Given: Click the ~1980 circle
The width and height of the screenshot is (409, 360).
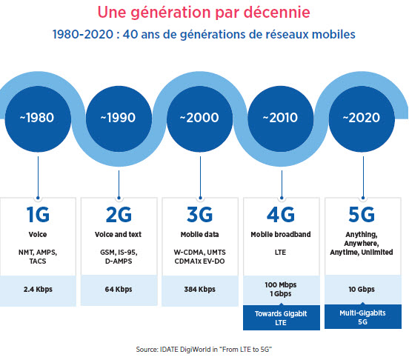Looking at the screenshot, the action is [38, 119].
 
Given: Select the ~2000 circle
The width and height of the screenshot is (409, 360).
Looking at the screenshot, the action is [200, 119].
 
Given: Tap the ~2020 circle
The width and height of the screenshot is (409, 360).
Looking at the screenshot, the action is [362, 119].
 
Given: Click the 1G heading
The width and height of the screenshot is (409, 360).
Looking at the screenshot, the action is [38, 215].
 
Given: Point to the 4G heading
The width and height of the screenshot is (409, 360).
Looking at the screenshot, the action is [281, 215].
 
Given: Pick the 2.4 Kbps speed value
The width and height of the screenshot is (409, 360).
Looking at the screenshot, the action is [38, 290].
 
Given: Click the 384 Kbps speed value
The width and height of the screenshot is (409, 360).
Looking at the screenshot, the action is [200, 290].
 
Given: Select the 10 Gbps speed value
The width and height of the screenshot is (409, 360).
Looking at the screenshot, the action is [362, 290].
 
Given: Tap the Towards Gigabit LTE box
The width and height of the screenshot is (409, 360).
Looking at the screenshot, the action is [282, 318].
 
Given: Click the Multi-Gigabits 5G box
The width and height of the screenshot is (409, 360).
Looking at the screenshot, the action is [363, 316].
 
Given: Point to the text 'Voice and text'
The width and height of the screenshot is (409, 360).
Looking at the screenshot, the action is [118, 234].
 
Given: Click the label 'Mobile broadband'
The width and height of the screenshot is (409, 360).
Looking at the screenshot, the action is [281, 234].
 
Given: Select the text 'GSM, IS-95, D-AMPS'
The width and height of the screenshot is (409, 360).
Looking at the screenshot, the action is [119, 257].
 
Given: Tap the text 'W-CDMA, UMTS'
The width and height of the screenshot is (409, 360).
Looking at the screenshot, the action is [200, 253].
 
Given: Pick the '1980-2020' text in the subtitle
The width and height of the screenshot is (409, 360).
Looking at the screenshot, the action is [83, 34].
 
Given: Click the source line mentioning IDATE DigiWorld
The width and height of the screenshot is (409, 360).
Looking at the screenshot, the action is [204, 350].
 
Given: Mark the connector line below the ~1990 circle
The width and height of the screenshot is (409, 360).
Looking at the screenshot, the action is [119, 184].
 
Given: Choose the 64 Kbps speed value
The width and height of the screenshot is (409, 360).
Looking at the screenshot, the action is [119, 290].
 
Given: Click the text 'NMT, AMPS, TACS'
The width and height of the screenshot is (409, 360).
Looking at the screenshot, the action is [38, 257].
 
